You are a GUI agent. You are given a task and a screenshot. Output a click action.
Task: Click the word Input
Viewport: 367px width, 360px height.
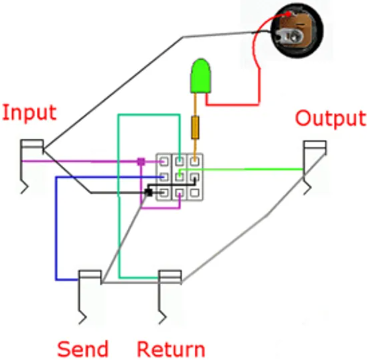point(29,112)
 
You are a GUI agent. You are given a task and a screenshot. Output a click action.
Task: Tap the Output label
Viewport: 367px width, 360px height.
point(330,118)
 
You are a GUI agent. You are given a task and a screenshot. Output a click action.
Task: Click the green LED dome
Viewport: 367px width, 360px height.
point(201,76)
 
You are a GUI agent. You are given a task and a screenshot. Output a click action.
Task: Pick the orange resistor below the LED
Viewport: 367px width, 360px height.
point(195,127)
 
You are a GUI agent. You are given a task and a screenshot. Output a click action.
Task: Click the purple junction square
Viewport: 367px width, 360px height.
point(141,161)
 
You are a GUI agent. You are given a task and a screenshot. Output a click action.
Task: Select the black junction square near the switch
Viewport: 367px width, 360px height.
point(148,192)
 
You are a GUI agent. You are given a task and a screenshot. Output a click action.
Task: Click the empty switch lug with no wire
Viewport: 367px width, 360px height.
point(194,193)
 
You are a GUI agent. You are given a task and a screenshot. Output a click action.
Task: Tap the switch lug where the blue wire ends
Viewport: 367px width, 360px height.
point(164,177)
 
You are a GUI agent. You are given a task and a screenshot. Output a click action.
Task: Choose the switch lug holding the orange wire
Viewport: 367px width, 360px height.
point(194,162)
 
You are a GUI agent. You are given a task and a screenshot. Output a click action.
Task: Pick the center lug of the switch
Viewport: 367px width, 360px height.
point(179,177)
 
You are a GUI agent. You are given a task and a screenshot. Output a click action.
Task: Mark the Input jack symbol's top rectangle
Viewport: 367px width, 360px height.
point(32,144)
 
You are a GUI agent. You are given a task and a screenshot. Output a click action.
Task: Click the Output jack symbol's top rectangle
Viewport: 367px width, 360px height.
point(314,145)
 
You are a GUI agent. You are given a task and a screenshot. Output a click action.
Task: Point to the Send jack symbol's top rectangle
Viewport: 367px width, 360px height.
point(90,275)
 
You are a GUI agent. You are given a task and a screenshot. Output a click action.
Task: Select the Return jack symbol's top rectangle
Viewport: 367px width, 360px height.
point(170,275)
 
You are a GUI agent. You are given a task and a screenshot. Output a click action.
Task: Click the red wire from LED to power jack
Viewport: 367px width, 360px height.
point(232,104)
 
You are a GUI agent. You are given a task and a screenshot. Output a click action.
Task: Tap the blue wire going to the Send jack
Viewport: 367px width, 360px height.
point(56,232)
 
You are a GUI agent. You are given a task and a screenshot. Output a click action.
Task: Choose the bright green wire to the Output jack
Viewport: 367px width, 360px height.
point(243,170)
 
